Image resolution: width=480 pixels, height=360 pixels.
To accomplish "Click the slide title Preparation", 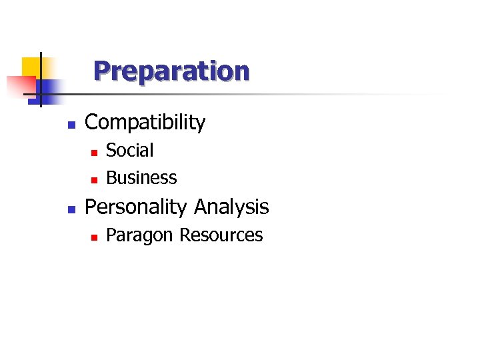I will click(171, 71).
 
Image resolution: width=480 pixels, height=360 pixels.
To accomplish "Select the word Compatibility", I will click(145, 123).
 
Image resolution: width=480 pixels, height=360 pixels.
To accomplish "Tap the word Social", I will click(130, 151).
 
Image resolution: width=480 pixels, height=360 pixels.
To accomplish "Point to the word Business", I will click(141, 178).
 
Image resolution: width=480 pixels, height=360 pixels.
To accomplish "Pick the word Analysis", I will click(231, 207).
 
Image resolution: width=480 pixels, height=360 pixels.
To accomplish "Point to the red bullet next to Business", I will click(94, 179).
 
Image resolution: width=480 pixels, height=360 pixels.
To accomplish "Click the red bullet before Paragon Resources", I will click(94, 237).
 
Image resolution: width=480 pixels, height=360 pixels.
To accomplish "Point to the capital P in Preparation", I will click(101, 71).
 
